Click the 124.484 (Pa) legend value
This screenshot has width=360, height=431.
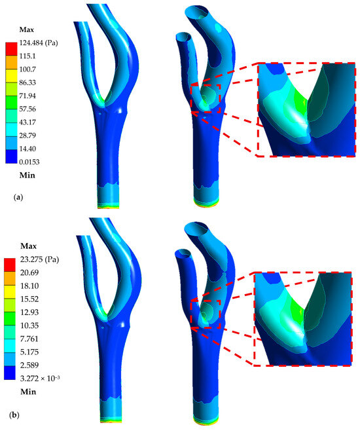coord(39,43)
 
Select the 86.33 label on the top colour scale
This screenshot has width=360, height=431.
coord(27,83)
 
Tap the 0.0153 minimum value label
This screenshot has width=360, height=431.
coord(29,162)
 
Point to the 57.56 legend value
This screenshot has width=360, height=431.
coord(27,109)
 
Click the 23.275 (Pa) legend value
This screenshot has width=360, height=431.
coord(39,259)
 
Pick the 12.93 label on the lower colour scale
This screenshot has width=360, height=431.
coord(29,312)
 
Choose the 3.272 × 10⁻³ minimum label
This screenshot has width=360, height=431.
coord(40,378)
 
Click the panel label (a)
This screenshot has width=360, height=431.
coord(18,197)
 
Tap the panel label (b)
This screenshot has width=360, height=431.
coord(14,415)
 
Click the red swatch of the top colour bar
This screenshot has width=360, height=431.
coord(11,49)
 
